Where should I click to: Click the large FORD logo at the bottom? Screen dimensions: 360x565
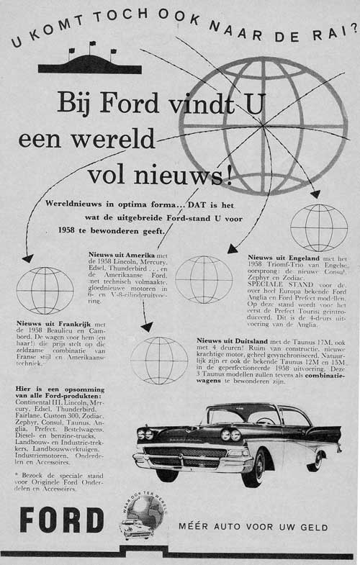coord(62,520)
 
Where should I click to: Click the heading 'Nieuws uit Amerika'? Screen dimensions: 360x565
coord(109,254)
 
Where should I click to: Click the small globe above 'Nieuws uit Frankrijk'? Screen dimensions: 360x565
coord(44,290)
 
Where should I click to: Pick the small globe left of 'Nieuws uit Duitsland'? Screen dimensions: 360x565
coord(159,360)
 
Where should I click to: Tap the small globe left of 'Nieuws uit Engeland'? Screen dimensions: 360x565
coord(204,279)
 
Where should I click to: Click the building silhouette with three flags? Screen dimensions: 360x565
coord(90,63)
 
